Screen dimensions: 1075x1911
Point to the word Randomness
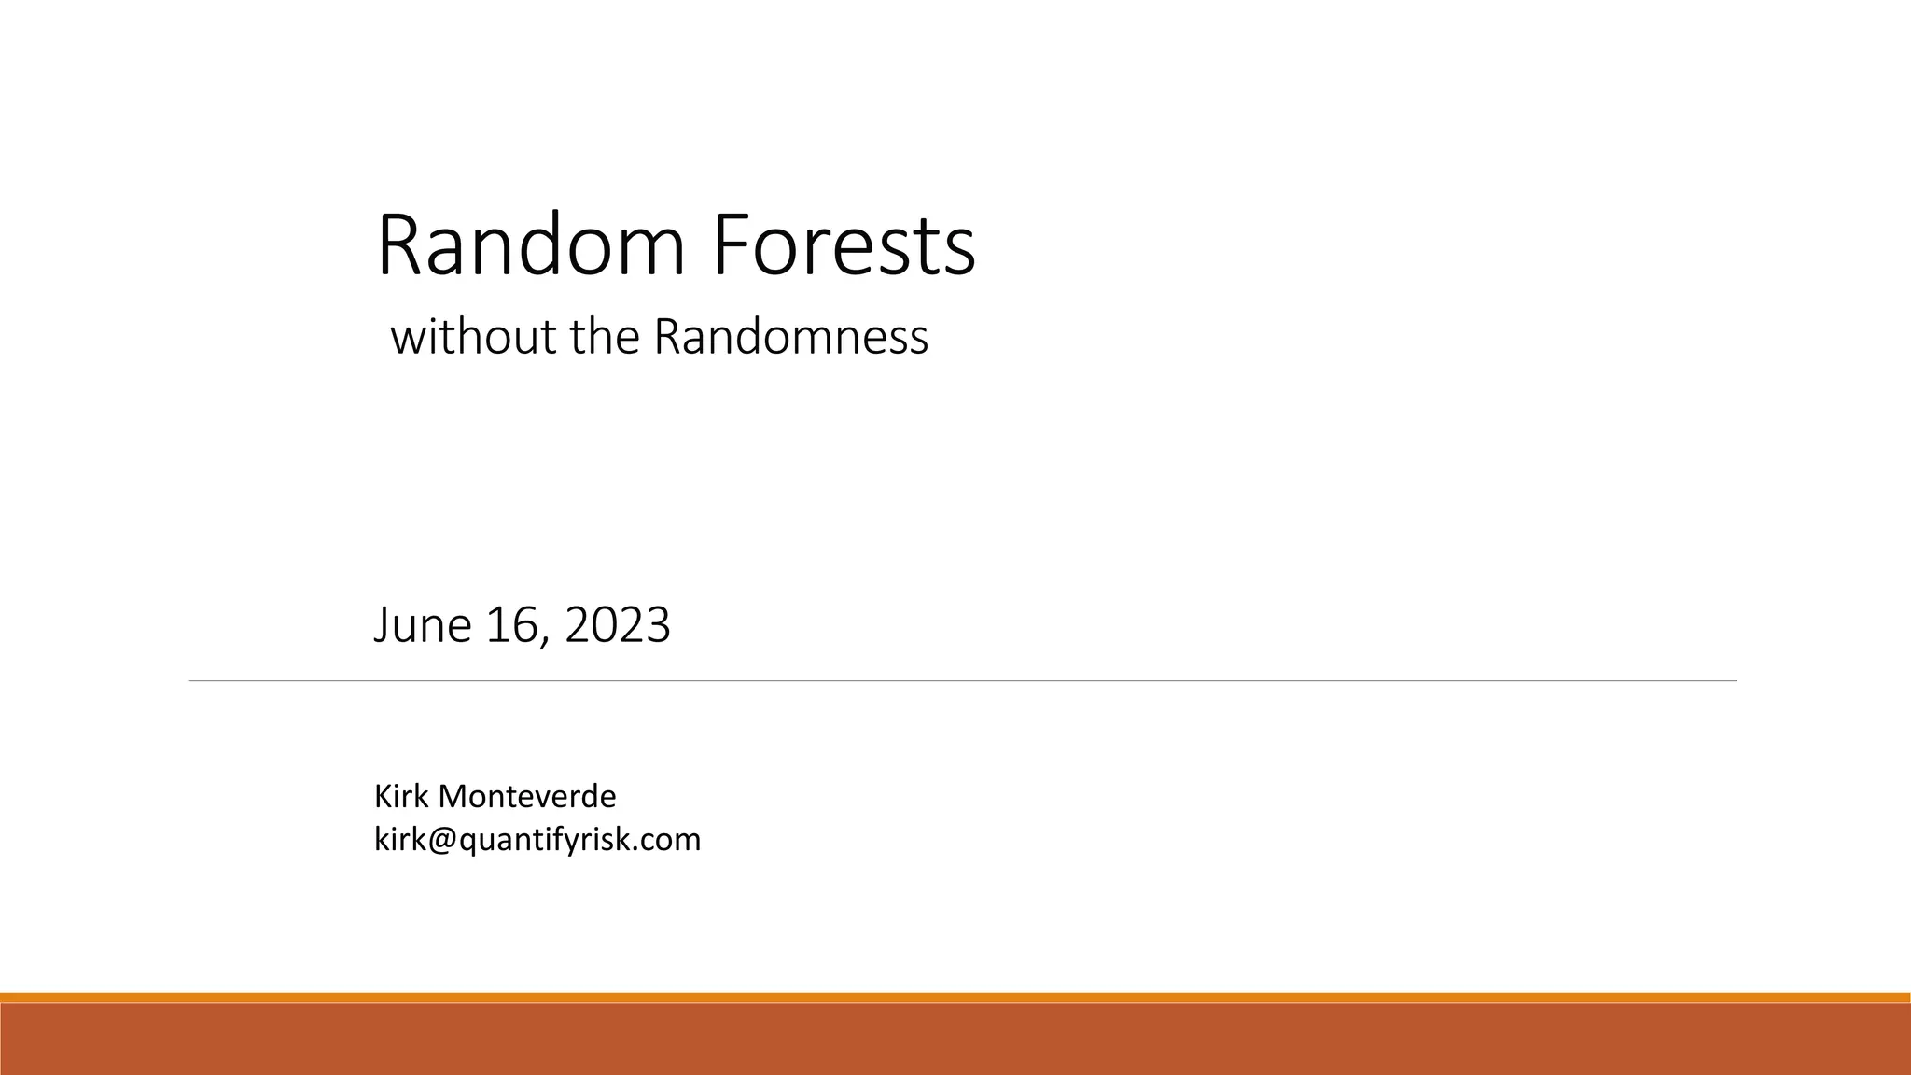coord(790,337)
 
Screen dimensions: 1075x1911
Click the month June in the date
coord(423,624)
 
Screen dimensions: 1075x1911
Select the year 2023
coord(618,624)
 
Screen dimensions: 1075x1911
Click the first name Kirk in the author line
coord(401,796)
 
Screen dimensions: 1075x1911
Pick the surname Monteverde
coord(527,796)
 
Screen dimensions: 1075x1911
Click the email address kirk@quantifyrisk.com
coord(537,840)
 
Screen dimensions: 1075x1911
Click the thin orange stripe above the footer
coord(955,998)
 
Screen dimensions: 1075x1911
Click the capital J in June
coord(381,624)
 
